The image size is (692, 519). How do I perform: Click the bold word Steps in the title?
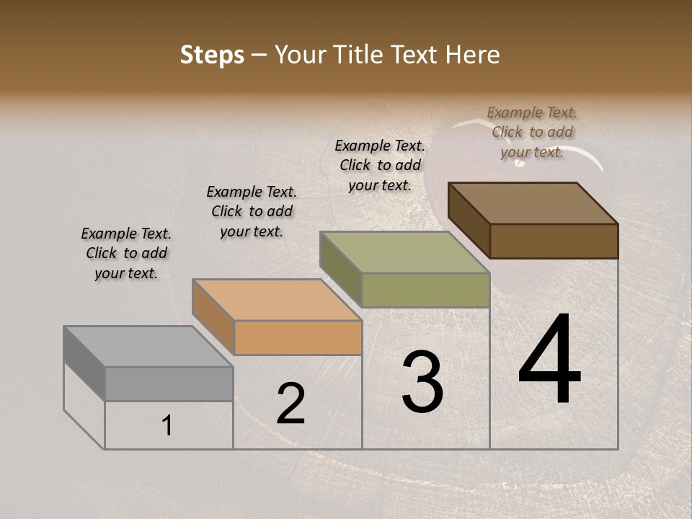[x=212, y=55]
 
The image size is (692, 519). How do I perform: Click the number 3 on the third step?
[x=422, y=382]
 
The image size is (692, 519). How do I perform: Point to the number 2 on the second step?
[x=290, y=404]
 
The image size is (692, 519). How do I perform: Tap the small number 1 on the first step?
[x=167, y=426]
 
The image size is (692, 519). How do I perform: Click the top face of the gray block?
[x=148, y=347]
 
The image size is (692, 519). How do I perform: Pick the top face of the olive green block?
[x=404, y=252]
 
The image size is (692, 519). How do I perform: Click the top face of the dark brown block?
[x=533, y=203]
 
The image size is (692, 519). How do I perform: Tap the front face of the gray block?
[x=169, y=383]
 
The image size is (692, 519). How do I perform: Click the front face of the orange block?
[x=298, y=337]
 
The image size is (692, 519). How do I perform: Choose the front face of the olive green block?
[x=425, y=290]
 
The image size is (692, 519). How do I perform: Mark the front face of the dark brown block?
[x=554, y=241]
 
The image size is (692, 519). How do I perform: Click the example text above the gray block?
[x=126, y=253]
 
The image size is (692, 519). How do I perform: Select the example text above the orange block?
[x=252, y=211]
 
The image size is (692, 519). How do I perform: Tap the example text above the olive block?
[x=380, y=165]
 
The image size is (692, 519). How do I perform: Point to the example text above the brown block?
[x=532, y=132]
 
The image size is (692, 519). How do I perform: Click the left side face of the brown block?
[x=469, y=220]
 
